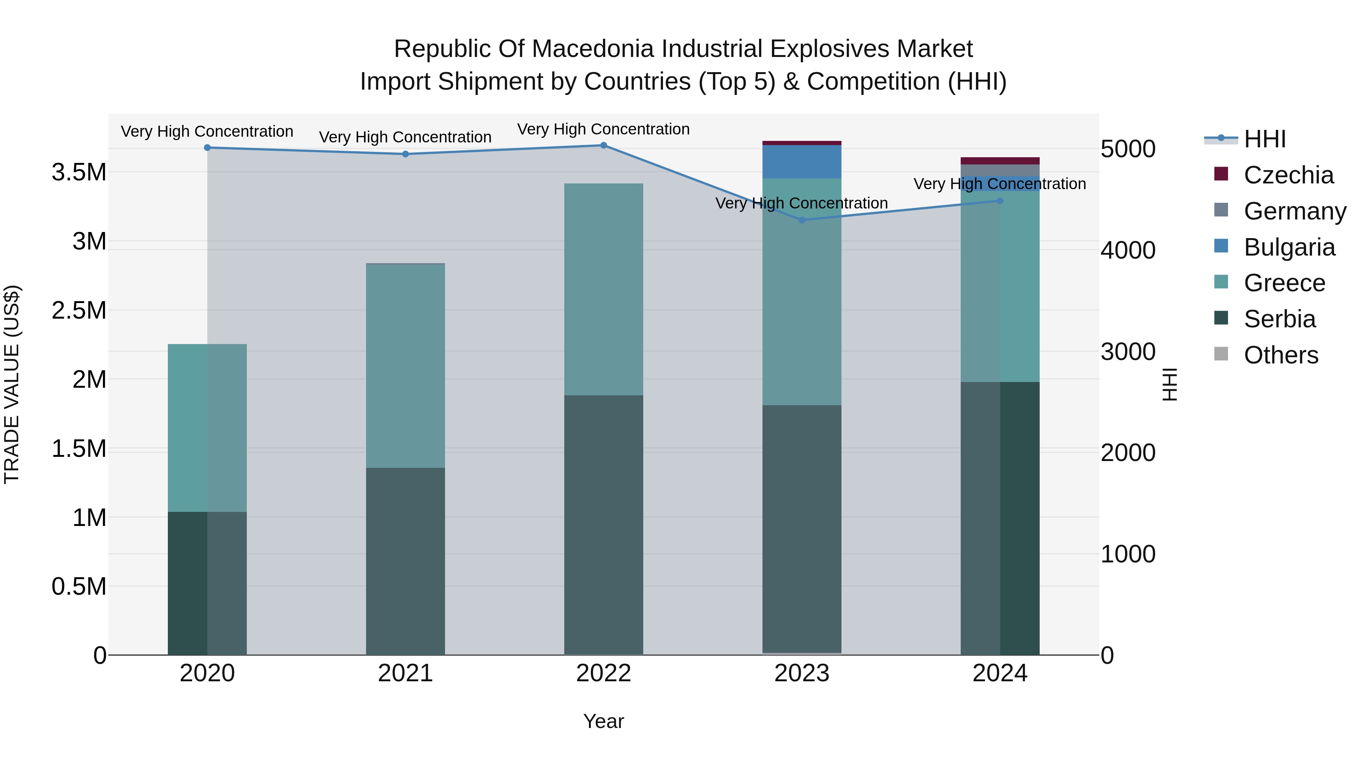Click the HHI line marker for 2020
[207, 148]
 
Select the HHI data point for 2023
[802, 220]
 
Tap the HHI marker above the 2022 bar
[603, 145]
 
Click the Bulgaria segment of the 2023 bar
[802, 161]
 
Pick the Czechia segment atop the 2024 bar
[1000, 161]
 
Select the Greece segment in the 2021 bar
[406, 366]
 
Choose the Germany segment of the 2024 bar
[1000, 170]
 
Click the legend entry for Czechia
[1288, 175]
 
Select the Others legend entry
[1280, 355]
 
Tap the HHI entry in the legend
[1264, 139]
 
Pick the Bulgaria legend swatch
[1221, 246]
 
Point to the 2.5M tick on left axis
[79, 311]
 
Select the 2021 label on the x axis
[406, 673]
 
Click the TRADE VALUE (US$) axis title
[12, 384]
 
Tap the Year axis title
[603, 721]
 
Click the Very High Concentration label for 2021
[406, 137]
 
